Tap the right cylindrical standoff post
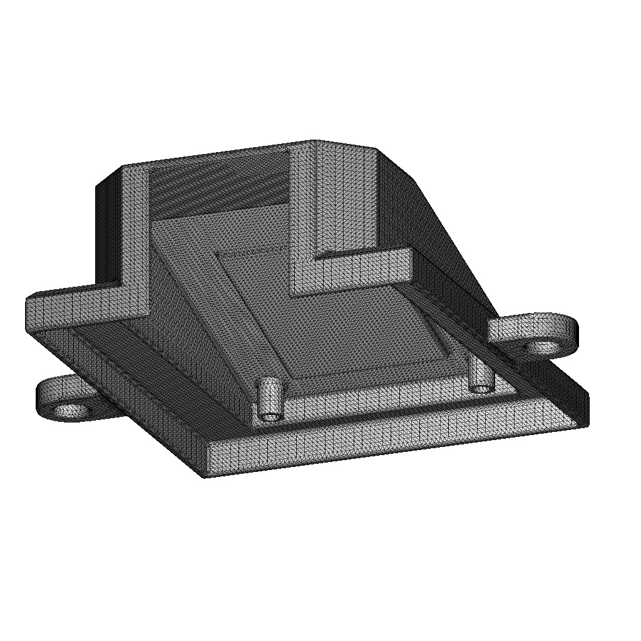(x=481, y=376)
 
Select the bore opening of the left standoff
(x=271, y=416)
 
